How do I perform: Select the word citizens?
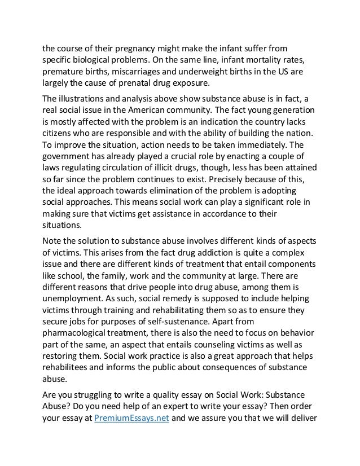pos(60,139)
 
